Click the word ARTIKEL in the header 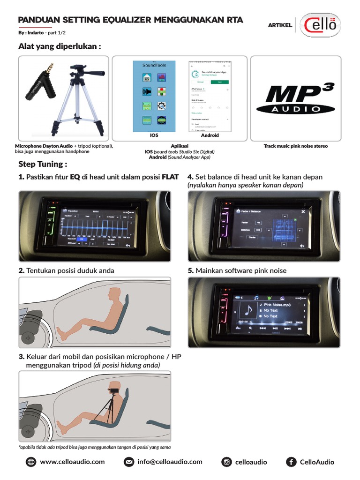pos(280,25)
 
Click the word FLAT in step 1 pos(170,177)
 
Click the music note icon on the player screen pos(248,310)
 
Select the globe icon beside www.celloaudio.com pos(31,462)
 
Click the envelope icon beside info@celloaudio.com pos(128,462)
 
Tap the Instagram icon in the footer pos(227,462)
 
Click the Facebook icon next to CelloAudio pos(291,462)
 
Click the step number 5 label pos(191,271)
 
